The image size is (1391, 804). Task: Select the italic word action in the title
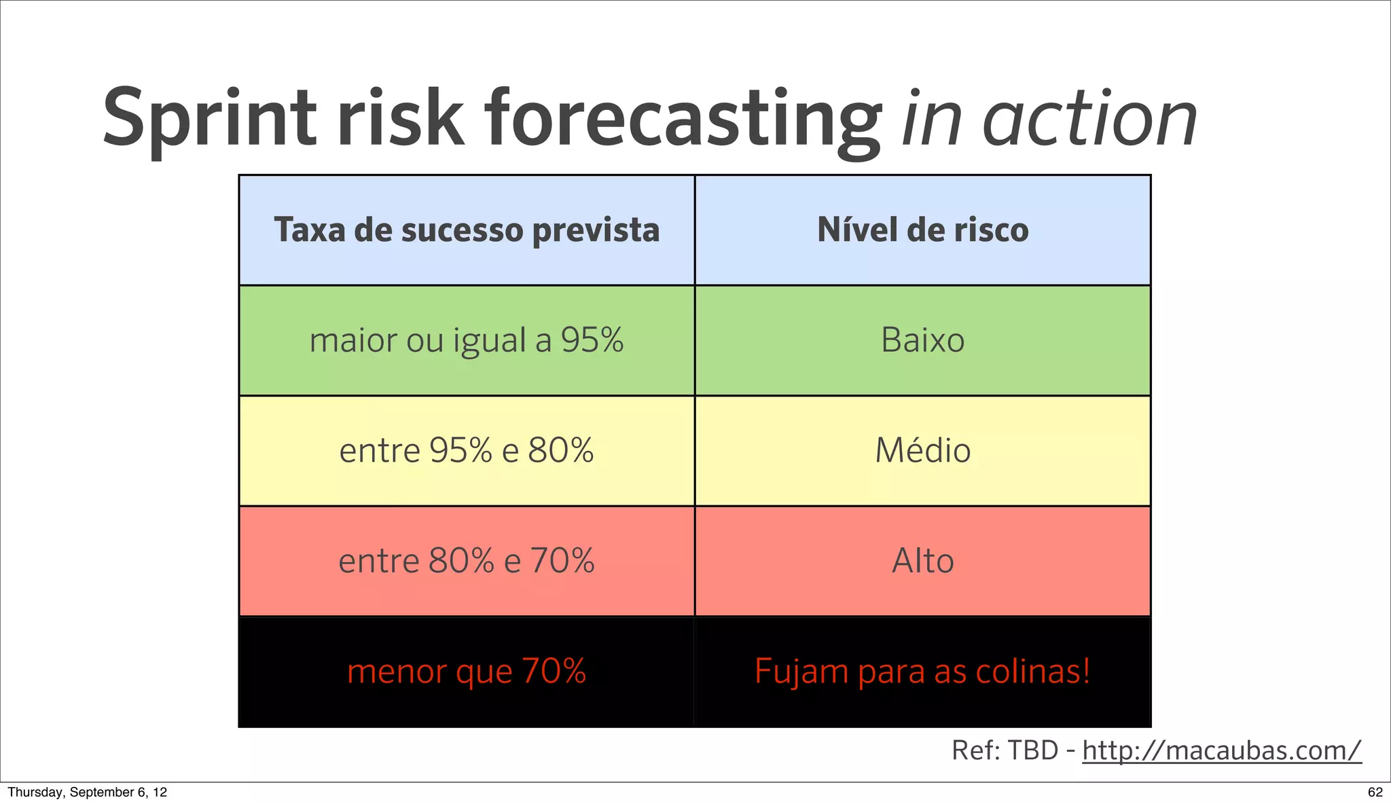1089,120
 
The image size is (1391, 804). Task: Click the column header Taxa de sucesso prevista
467,230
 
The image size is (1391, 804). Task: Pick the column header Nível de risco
922,230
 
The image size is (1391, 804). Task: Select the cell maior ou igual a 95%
467,340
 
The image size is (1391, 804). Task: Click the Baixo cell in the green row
922,340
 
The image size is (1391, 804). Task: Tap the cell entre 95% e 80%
467,451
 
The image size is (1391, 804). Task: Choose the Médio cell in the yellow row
922,451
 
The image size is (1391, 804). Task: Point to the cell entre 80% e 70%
467,562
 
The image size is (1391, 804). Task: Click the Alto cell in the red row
922,562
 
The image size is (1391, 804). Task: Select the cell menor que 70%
467,672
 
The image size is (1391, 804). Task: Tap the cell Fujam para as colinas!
922,672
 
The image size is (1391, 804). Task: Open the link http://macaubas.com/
1221,751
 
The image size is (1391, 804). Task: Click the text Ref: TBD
1005,751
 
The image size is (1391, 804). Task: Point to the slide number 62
1375,792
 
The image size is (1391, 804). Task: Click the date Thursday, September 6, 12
87,792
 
